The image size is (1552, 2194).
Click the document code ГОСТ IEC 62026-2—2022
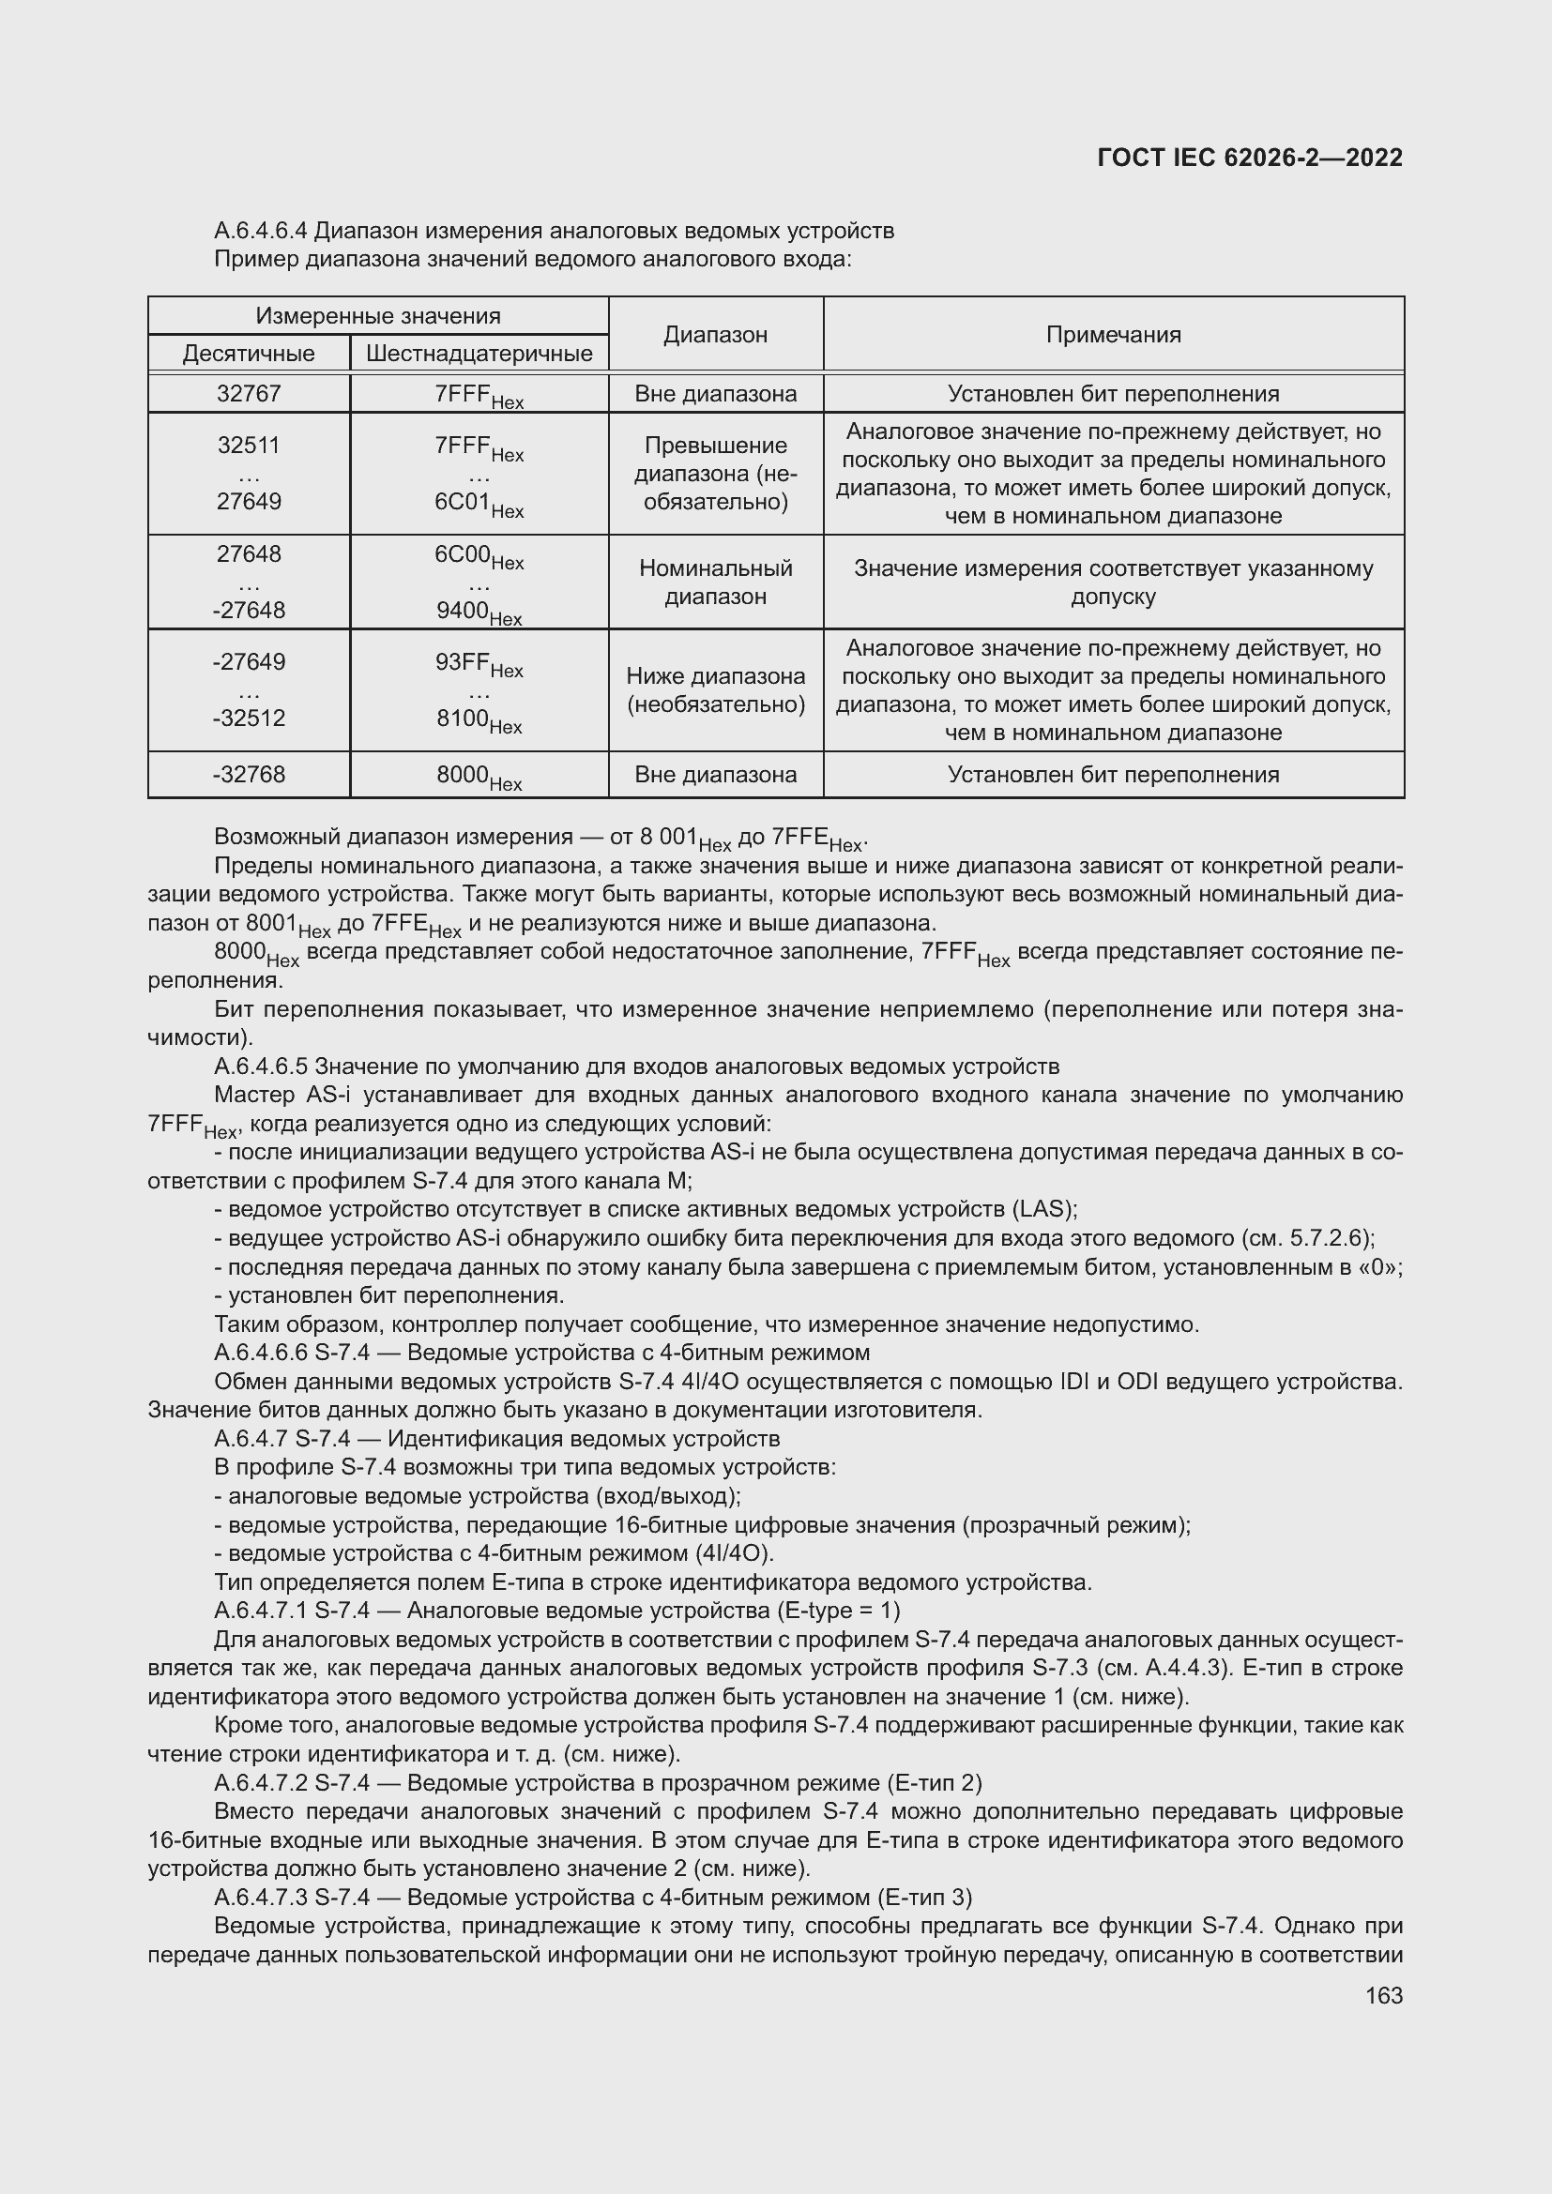pos(1250,158)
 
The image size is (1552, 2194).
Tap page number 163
pos(1384,1995)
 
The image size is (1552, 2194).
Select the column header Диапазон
pos(715,335)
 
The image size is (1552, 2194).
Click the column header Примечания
pos(1114,335)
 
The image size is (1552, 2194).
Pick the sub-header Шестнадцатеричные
pos(479,354)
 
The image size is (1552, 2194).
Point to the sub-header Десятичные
pos(249,354)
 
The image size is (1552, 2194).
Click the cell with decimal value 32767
pos(249,394)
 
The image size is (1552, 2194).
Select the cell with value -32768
pos(249,774)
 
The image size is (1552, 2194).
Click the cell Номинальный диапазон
pos(715,582)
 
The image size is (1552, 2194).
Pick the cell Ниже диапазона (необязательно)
pos(715,690)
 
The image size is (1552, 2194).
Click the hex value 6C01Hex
pos(479,503)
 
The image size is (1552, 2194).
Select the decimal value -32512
pos(249,718)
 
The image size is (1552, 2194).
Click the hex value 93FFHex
pos(479,663)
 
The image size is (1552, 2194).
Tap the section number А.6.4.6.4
pos(261,231)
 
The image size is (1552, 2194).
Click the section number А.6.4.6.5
pos(261,1066)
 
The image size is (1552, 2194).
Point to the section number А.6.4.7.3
pos(261,1897)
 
